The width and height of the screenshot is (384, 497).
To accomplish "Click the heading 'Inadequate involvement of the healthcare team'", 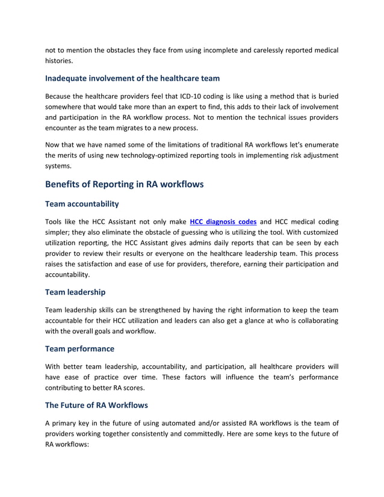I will click(132, 78).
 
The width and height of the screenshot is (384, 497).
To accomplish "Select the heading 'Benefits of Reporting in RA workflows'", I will click(125, 184).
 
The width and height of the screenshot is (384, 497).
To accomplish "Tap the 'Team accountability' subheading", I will click(82, 204).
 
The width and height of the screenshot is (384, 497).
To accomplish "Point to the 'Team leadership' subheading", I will click(75, 292).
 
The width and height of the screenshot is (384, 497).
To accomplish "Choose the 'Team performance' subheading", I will click(80, 348).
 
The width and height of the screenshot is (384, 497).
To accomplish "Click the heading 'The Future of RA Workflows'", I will click(96, 405).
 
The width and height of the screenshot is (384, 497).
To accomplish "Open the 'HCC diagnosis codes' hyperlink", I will click(223, 222).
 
